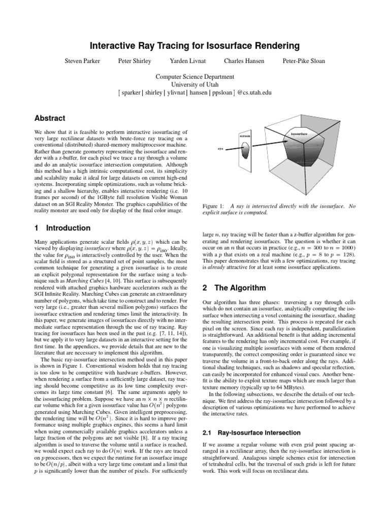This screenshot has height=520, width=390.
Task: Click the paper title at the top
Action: coord(195,46)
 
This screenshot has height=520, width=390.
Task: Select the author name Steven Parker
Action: coord(82,61)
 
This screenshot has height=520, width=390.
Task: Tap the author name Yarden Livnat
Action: coord(185,61)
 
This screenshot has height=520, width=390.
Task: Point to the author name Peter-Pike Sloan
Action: coord(304,61)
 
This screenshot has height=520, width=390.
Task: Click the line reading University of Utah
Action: coord(195,84)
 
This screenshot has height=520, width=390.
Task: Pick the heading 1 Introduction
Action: coord(62,228)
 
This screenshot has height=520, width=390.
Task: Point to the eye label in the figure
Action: coord(220,149)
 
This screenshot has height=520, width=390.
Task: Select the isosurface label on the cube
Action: coord(299,133)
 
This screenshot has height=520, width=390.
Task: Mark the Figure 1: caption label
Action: coord(214,206)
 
